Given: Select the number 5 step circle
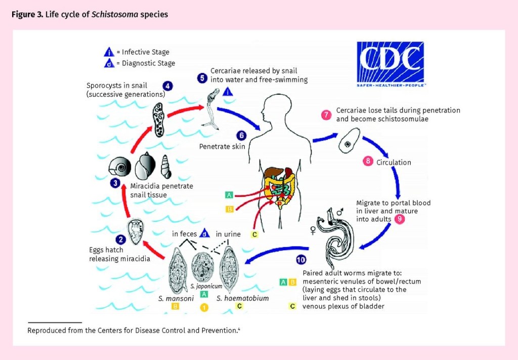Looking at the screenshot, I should [202, 78].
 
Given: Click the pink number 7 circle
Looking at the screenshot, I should [327, 115].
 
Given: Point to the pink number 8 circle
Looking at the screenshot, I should [368, 162].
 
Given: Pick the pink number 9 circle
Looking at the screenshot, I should [400, 219].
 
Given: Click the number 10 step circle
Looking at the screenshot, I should [301, 260].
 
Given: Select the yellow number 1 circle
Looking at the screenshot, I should [204, 307].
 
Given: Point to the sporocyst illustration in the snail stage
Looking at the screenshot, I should [158, 119].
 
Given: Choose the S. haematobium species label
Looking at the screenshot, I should [242, 298].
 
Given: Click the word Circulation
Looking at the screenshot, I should [394, 163].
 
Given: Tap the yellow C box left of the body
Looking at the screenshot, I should [254, 234].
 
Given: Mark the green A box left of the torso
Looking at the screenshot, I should [230, 195].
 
